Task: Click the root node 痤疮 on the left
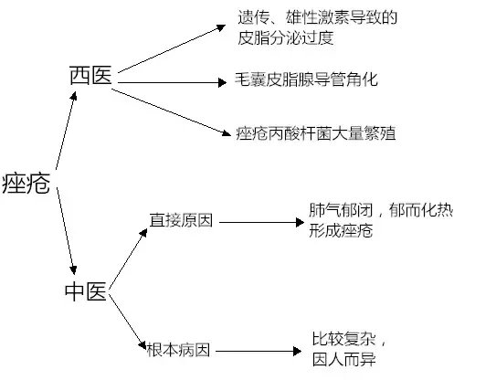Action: coord(26,184)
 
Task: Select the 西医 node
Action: coord(90,75)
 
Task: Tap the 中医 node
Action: coord(86,291)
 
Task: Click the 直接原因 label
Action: coord(181,220)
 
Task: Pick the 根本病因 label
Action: coord(178,350)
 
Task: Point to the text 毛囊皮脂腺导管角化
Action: coord(306,79)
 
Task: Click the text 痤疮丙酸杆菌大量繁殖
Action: coord(316,133)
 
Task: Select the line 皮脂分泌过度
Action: coord(286,38)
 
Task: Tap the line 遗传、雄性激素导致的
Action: coord(318,17)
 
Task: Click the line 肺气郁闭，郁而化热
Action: coord(381,210)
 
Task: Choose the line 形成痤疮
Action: coord(341,230)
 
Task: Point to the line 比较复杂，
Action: coord(350,339)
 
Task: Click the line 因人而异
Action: coord(344,359)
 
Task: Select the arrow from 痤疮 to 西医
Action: coord(66,131)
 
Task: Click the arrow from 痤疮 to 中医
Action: coord(66,231)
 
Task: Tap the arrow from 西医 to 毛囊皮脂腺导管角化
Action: coord(173,82)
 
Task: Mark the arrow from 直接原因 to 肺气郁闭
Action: coord(261,222)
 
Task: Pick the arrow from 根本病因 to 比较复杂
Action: coord(259,351)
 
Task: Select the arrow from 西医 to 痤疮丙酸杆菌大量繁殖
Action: coord(171,112)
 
